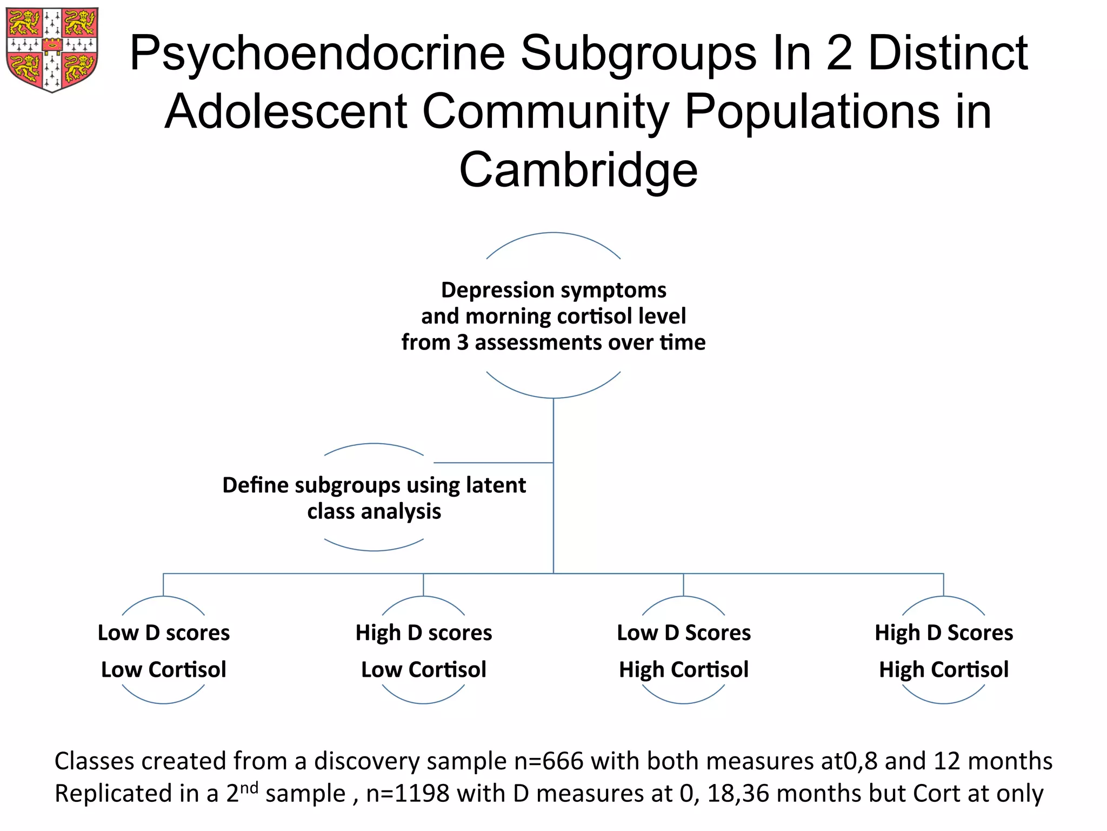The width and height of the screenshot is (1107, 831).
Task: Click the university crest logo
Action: [52, 50]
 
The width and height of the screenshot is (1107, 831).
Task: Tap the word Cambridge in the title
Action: [578, 170]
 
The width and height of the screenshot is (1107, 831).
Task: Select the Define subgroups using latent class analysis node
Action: [374, 498]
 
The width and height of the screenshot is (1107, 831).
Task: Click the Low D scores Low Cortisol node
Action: [164, 651]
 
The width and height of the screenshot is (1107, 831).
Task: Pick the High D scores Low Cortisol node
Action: [424, 651]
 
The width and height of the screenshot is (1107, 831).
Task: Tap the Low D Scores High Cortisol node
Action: [684, 651]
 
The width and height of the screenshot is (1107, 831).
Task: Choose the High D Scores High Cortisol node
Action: [944, 651]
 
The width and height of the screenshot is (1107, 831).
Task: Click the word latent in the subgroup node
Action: [498, 485]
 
